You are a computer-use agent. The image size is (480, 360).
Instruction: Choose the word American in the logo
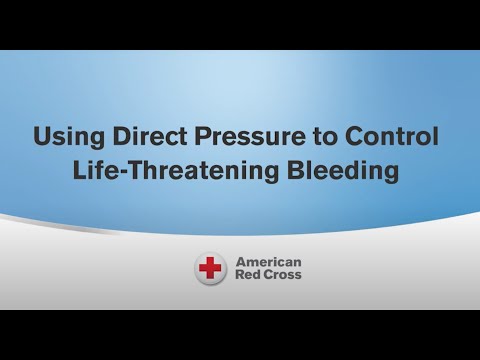[267, 262]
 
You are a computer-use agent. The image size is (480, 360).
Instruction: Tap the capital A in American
[239, 262]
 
